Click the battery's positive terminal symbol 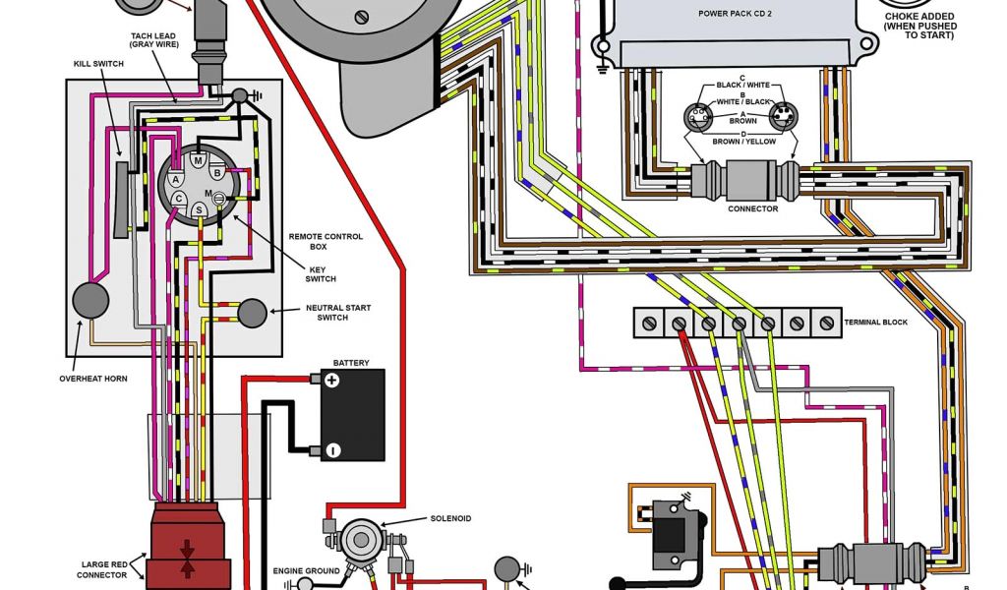click(331, 381)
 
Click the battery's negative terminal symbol click(331, 450)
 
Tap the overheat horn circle click(89, 301)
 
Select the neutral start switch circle click(253, 313)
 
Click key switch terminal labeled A click(175, 180)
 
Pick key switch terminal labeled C click(179, 199)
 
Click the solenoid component click(357, 539)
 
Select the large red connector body click(190, 551)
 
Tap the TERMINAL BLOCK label click(875, 322)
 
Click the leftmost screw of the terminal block click(649, 322)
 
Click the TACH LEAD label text click(152, 37)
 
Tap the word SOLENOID click(450, 518)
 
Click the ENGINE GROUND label click(306, 570)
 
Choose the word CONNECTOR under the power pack click(752, 208)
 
